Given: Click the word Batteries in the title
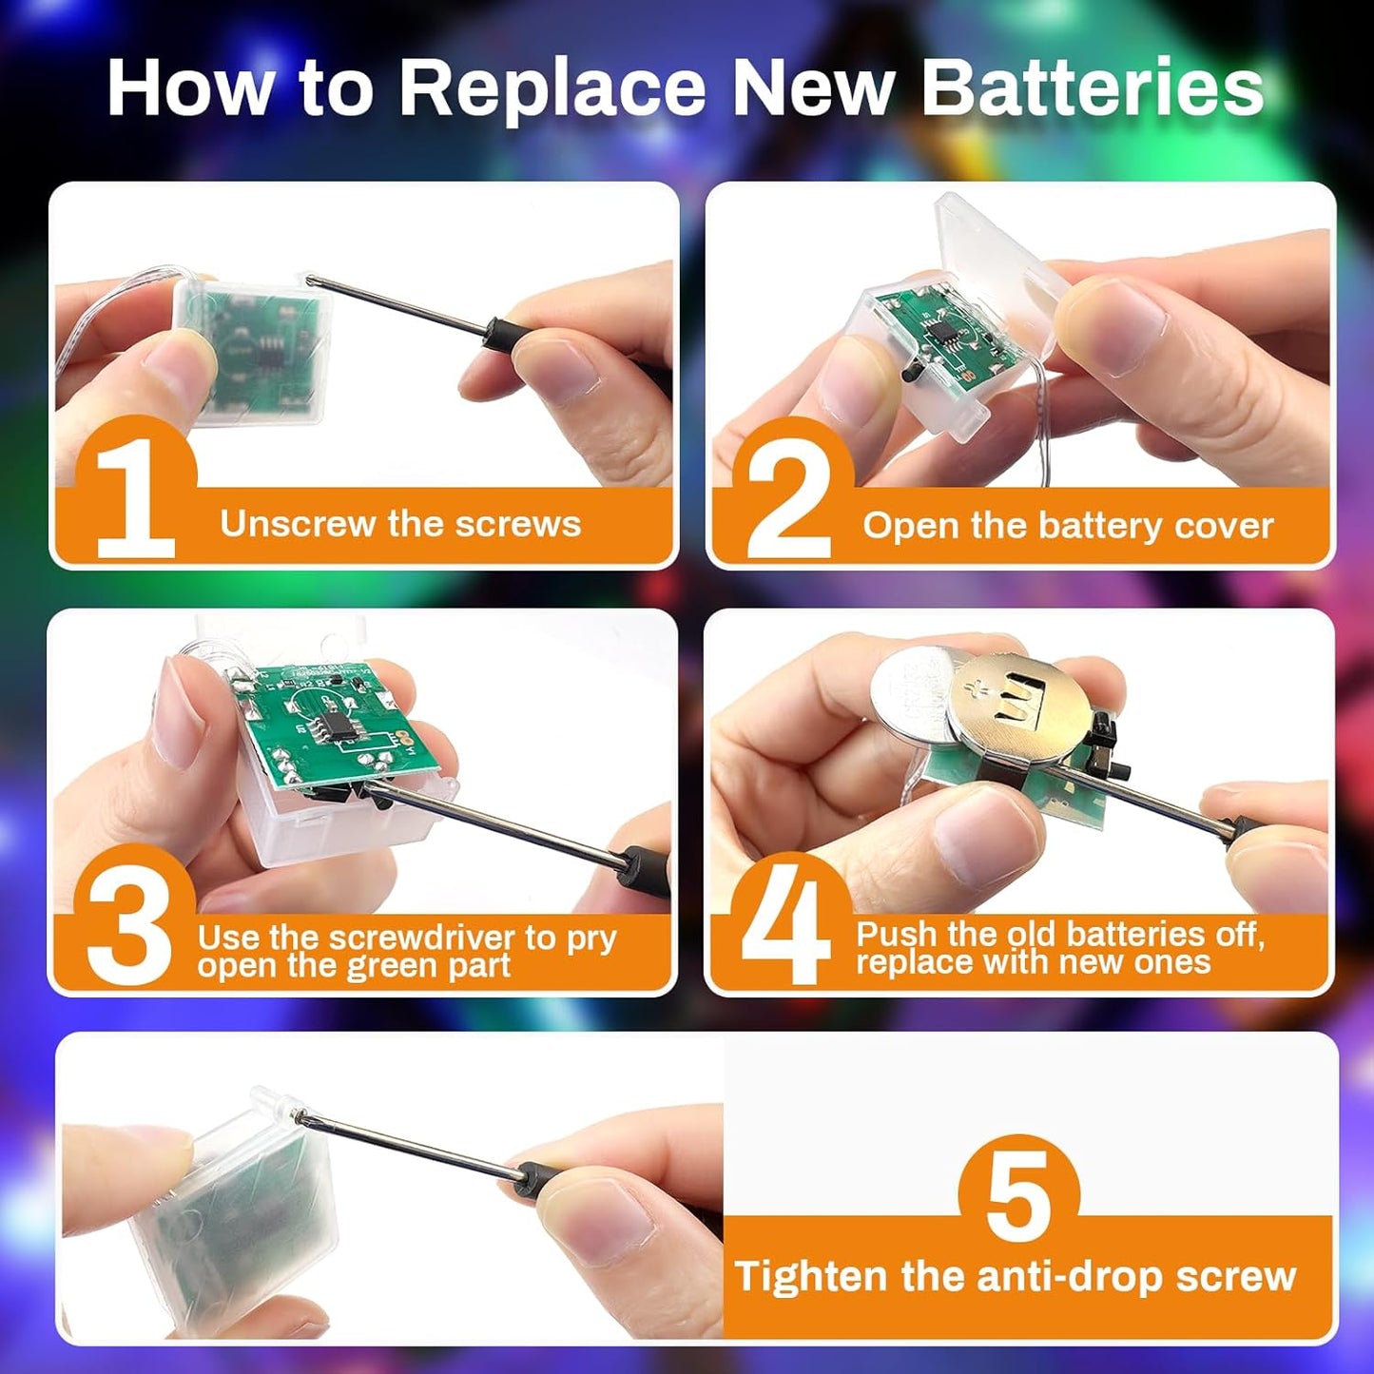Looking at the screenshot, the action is coord(1093,88).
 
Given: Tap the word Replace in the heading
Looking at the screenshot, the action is coord(552,90).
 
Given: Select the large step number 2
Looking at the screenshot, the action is coord(788,502).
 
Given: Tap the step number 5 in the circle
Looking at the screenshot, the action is coord(1019,1199).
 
